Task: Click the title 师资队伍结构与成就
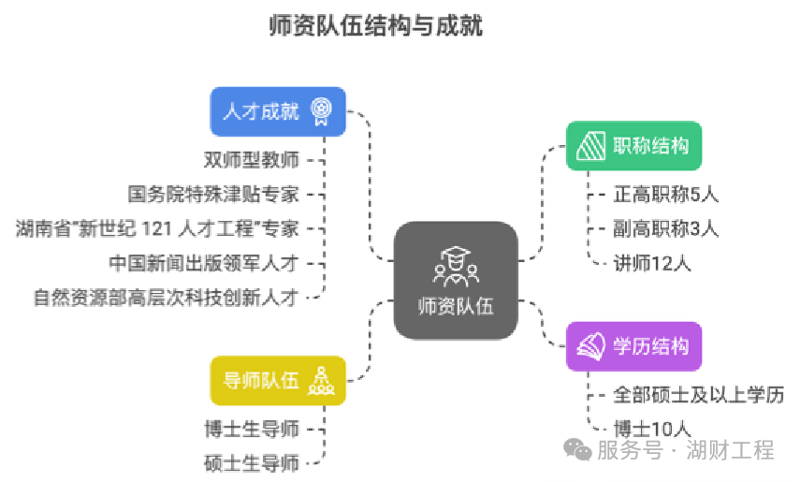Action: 375,25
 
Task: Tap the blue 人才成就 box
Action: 278,111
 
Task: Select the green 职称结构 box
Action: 633,147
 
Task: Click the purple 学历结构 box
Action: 633,346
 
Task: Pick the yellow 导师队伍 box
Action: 278,381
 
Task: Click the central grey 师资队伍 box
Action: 456,280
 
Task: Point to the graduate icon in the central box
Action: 456,265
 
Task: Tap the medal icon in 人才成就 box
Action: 321,111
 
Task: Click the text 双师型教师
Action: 252,160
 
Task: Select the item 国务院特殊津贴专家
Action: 213,195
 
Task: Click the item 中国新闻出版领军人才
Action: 203,263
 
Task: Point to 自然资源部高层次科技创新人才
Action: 166,298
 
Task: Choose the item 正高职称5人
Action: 665,195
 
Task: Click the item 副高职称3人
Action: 665,228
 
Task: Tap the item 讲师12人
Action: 652,263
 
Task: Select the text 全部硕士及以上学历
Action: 698,394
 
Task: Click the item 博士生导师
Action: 252,429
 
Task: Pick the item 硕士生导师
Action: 252,462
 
